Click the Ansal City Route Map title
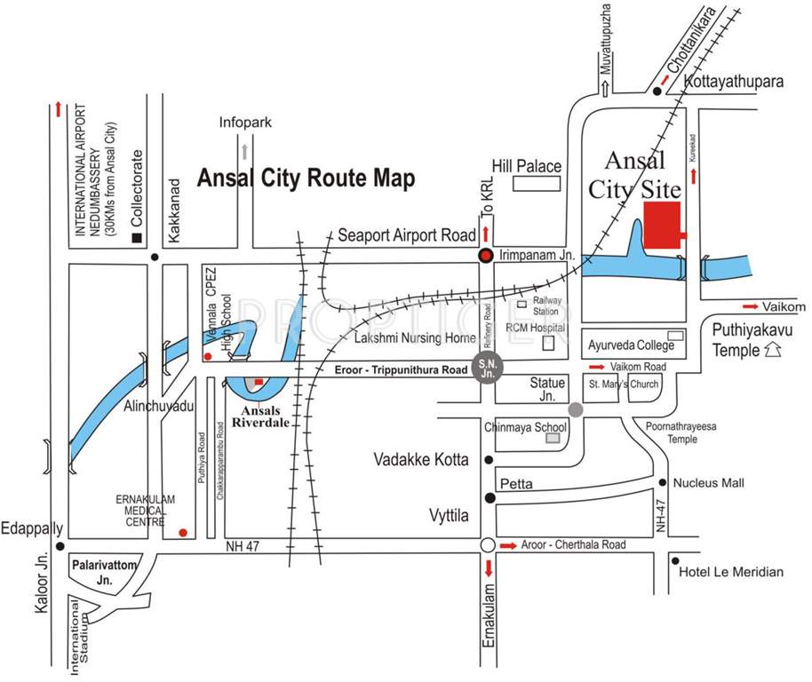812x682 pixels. (x=306, y=178)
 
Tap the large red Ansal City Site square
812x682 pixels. (x=661, y=225)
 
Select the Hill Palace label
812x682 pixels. (x=527, y=166)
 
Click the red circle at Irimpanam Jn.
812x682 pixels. (x=486, y=256)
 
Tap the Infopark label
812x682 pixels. (x=244, y=123)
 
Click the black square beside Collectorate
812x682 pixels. (x=136, y=238)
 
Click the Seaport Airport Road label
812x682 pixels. (x=407, y=236)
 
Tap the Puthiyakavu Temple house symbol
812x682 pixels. (x=774, y=350)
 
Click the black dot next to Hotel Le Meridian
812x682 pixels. (x=676, y=562)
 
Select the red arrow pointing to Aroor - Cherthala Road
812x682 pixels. (x=508, y=544)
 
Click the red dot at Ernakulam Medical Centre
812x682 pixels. (x=183, y=533)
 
